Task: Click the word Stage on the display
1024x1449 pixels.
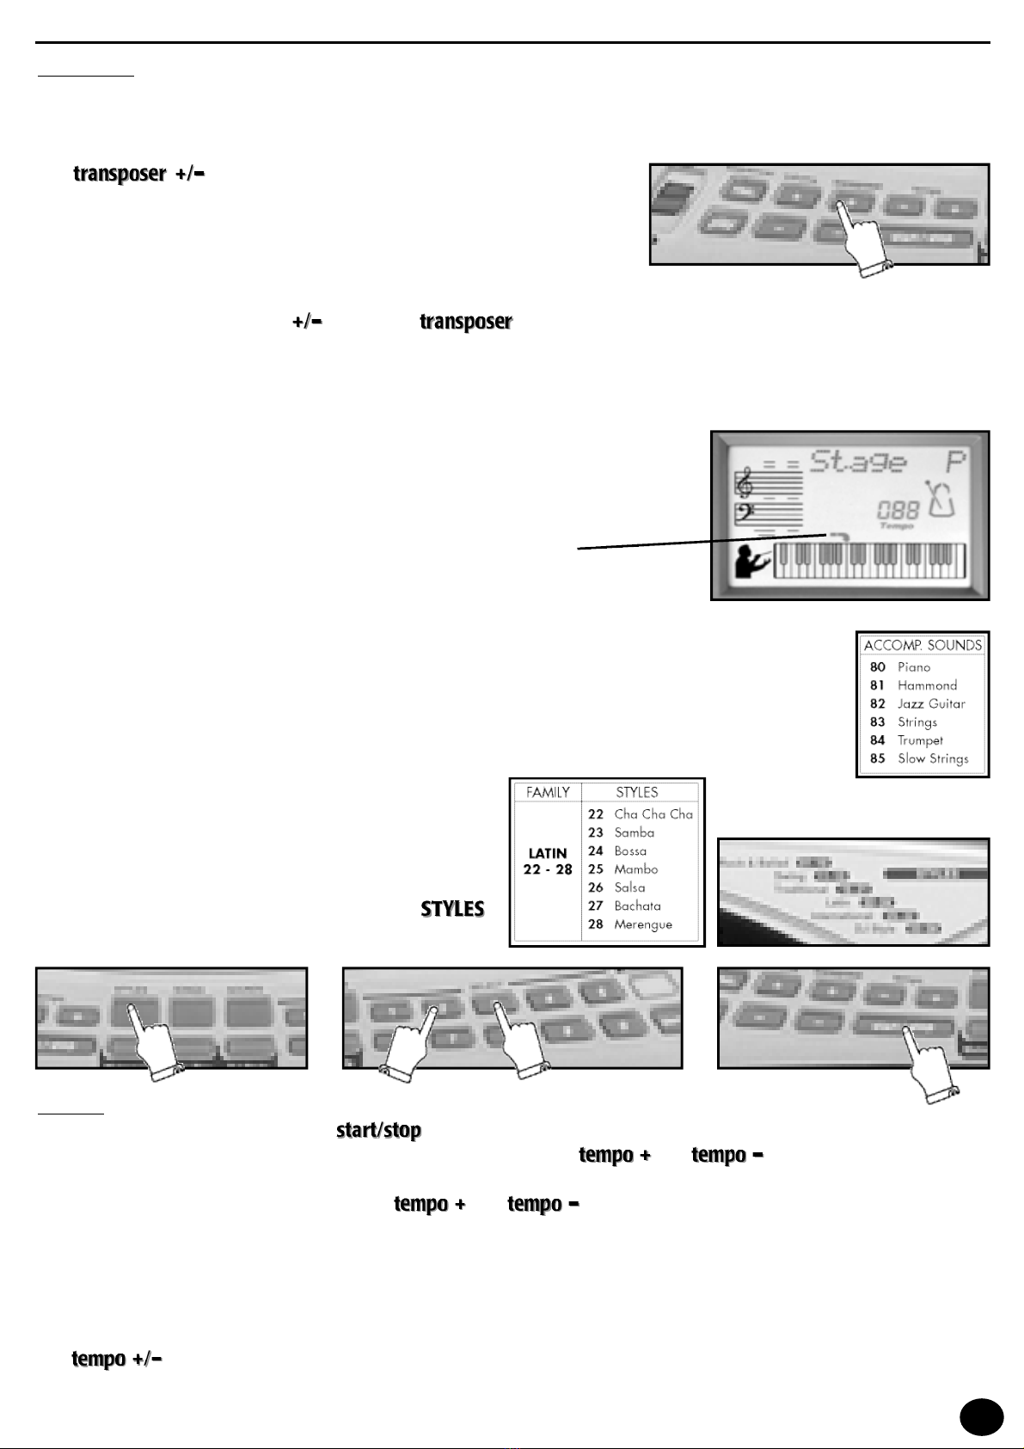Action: coord(859,462)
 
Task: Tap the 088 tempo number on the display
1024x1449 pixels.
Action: coord(898,510)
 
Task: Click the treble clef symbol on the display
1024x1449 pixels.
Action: coord(745,485)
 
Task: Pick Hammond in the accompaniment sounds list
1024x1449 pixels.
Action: coord(927,685)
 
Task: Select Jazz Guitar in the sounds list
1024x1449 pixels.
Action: coord(931,703)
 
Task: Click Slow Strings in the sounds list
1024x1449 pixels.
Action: coord(933,758)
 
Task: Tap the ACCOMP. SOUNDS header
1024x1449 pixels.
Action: coord(923,645)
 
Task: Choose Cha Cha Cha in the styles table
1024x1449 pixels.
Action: coord(653,814)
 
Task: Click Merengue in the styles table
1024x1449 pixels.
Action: coord(643,924)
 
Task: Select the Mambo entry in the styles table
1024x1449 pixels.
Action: coord(635,869)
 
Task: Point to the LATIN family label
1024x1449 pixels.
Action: coord(548,853)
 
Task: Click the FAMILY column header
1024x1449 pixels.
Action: coord(548,792)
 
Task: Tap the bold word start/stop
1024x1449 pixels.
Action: coord(378,1130)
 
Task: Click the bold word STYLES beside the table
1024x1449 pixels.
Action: coord(452,909)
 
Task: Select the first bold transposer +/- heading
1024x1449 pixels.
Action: coord(138,174)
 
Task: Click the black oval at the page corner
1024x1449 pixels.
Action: coord(981,1417)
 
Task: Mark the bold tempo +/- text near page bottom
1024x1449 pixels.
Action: coord(117,1359)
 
